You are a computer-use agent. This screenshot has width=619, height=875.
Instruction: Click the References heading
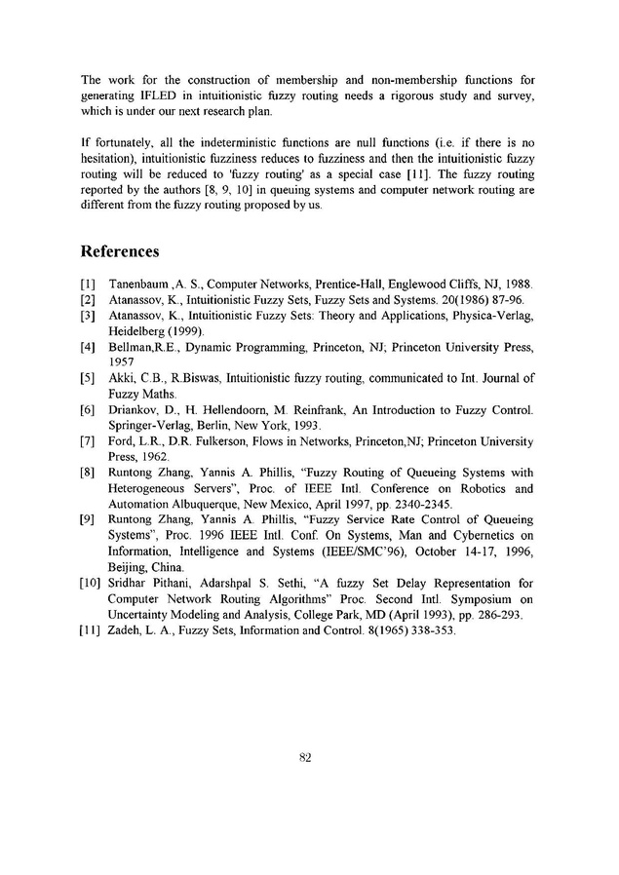click(x=120, y=252)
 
